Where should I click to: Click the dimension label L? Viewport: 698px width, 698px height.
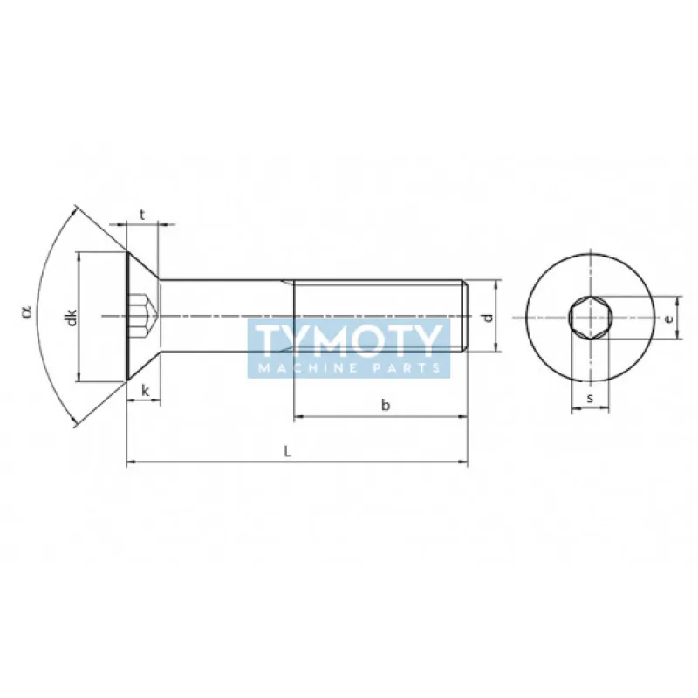click(x=288, y=450)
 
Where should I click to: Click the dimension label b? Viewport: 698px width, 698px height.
click(x=385, y=404)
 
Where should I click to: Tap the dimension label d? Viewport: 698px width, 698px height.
click(x=489, y=317)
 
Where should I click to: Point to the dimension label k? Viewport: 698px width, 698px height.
click(x=145, y=391)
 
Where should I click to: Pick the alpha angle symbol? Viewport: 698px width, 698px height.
click(x=26, y=310)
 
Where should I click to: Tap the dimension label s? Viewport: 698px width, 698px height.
click(x=590, y=398)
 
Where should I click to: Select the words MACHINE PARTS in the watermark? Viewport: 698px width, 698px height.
click(x=349, y=368)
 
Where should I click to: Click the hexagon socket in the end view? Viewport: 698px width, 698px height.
click(x=589, y=318)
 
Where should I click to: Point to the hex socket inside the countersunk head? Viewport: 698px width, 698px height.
click(x=142, y=316)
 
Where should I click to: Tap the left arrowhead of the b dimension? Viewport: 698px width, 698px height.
click(x=298, y=417)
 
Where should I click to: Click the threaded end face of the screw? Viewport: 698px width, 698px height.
click(x=467, y=316)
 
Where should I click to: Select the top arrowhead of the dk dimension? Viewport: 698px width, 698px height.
click(x=79, y=257)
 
